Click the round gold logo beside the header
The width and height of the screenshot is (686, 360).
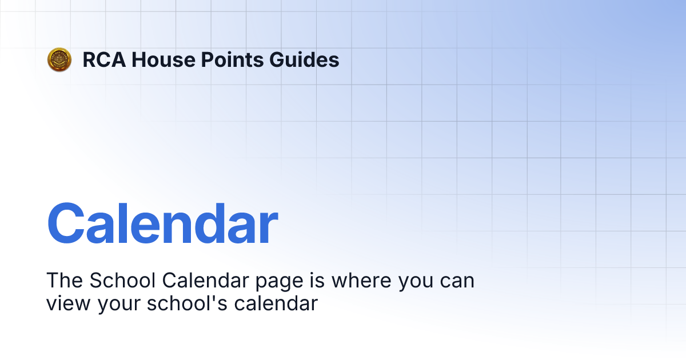coord(59,59)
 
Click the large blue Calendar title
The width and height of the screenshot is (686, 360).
coord(162,223)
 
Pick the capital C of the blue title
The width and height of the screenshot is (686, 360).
coord(67,223)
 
